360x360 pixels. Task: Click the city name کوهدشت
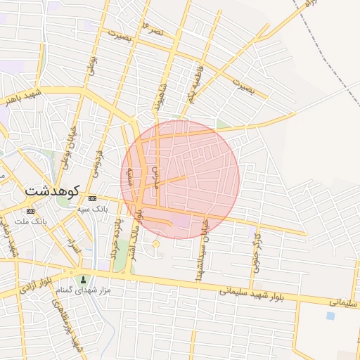52,191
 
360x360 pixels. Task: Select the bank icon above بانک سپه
92,199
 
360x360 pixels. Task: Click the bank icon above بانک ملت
30,211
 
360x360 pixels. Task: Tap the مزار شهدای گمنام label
84,290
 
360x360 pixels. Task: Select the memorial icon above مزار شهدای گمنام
84,280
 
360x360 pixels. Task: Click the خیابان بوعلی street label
70,141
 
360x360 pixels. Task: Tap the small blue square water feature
330,316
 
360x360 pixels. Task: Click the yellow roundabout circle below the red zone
155,245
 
